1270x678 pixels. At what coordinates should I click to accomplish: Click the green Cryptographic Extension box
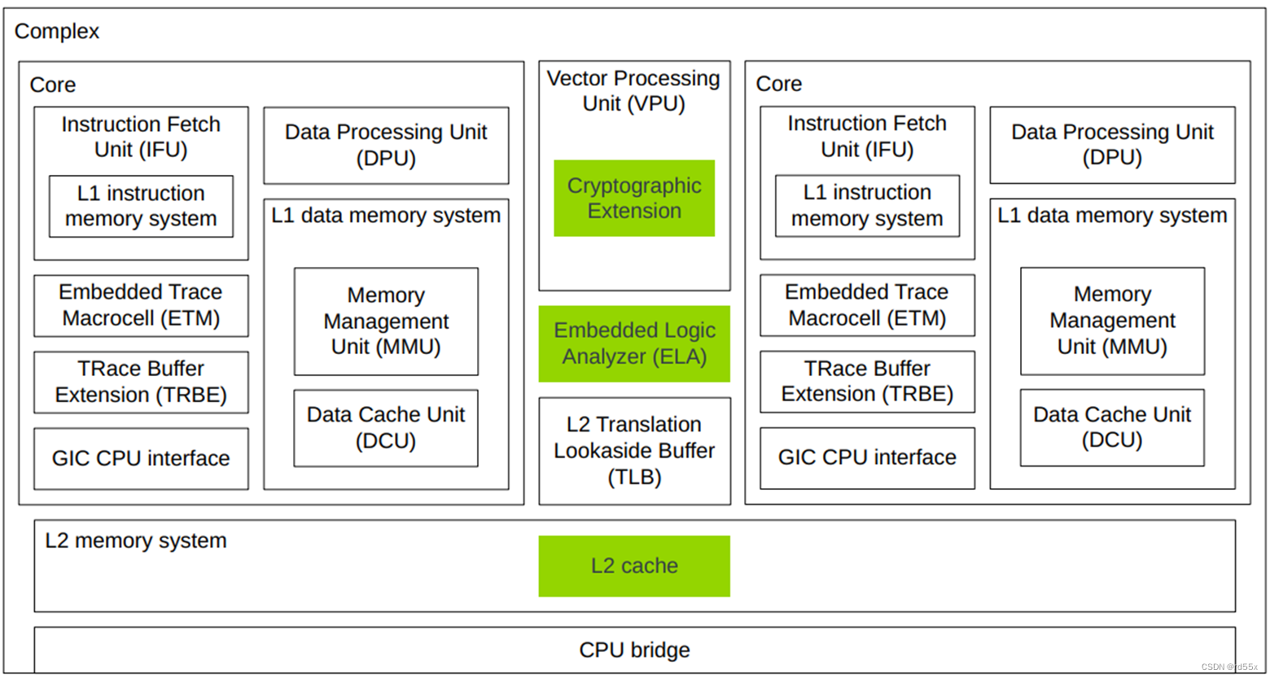(x=634, y=198)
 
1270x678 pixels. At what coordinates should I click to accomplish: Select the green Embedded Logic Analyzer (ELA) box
(x=634, y=343)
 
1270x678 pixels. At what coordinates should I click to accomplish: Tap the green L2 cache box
(x=634, y=566)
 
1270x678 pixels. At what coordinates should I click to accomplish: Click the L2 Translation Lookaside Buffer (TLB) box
(x=634, y=451)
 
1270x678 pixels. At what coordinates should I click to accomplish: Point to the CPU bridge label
(x=634, y=650)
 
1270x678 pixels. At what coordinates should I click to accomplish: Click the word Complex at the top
(x=57, y=32)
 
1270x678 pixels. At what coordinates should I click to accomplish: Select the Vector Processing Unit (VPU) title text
(x=633, y=91)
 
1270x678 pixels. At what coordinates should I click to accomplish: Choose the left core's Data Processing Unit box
(x=386, y=145)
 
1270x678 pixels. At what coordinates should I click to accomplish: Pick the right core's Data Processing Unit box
(x=1112, y=145)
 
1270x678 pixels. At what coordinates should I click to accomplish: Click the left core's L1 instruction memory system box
(x=141, y=206)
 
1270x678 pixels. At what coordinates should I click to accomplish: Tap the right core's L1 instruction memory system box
(x=867, y=205)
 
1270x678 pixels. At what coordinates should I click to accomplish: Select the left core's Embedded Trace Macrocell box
(x=141, y=305)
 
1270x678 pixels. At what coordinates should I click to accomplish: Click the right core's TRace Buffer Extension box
(x=867, y=381)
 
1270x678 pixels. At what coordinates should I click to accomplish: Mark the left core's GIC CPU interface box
(x=141, y=458)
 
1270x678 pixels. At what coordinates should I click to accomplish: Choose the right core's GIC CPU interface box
(x=867, y=457)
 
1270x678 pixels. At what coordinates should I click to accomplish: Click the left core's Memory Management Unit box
(x=386, y=322)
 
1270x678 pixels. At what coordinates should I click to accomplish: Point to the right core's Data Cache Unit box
(x=1112, y=427)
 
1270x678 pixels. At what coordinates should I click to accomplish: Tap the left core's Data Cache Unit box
(x=386, y=427)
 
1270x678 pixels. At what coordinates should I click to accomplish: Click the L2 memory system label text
(x=136, y=541)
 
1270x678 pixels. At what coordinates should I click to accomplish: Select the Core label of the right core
(x=779, y=84)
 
